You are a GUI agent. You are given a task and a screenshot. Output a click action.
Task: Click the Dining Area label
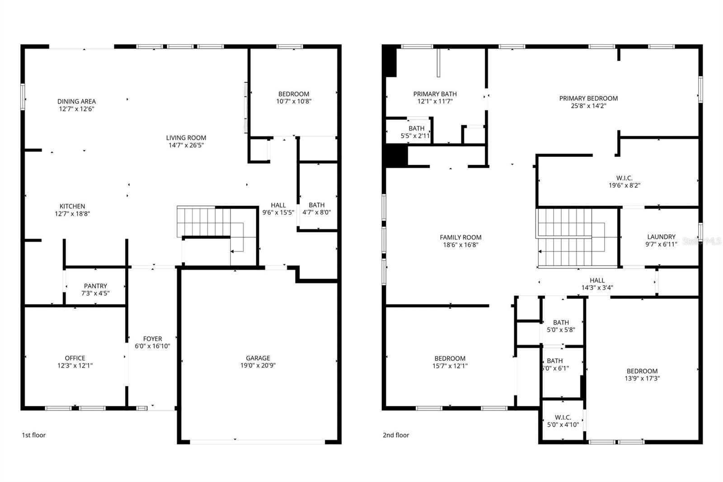pyautogui.click(x=76, y=101)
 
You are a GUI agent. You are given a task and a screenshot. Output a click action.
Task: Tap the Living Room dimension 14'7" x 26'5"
pyautogui.click(x=186, y=145)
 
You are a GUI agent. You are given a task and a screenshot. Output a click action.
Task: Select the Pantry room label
pyautogui.click(x=95, y=286)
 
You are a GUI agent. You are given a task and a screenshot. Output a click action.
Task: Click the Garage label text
pyautogui.click(x=258, y=358)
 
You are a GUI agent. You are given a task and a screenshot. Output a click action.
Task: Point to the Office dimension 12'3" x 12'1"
pyautogui.click(x=75, y=365)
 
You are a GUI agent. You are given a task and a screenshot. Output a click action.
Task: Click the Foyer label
pyautogui.click(x=152, y=339)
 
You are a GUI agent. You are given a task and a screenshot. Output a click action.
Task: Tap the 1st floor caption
pyautogui.click(x=34, y=435)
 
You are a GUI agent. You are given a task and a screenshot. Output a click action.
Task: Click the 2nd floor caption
pyautogui.click(x=396, y=435)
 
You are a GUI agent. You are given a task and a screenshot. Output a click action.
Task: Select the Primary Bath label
pyautogui.click(x=435, y=94)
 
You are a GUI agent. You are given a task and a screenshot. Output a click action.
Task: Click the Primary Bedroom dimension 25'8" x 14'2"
pyautogui.click(x=588, y=106)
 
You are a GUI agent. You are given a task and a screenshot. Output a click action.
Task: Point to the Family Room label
pyautogui.click(x=460, y=237)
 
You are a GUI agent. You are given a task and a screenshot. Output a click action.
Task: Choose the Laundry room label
pyautogui.click(x=661, y=236)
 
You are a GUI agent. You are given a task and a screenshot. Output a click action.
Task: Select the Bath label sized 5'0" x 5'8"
pyautogui.click(x=561, y=322)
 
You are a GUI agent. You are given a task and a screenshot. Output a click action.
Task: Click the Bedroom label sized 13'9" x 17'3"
pyautogui.click(x=642, y=371)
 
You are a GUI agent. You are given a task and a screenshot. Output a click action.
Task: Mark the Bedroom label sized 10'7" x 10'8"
pyautogui.click(x=294, y=94)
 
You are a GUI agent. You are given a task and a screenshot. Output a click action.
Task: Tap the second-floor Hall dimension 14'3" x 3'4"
pyautogui.click(x=597, y=288)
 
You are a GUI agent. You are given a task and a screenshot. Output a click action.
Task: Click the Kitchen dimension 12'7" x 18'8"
pyautogui.click(x=72, y=214)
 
